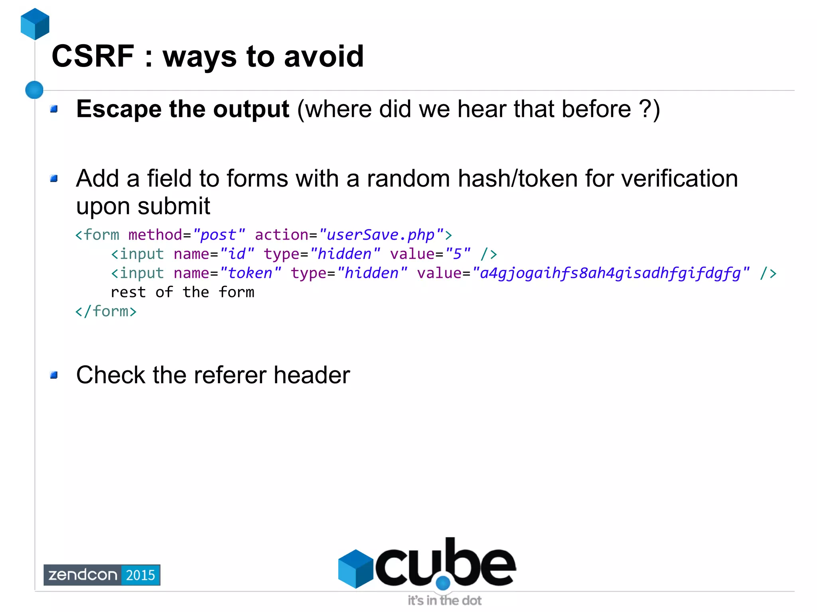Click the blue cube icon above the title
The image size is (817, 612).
click(x=35, y=24)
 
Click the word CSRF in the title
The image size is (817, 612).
click(x=93, y=56)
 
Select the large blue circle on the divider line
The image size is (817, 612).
click(x=34, y=90)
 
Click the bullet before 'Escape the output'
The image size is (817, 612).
click(x=54, y=109)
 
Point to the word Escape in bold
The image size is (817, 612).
click(x=118, y=109)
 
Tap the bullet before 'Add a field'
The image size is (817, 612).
click(x=54, y=178)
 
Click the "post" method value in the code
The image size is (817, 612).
click(x=219, y=235)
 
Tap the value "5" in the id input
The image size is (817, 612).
click(x=458, y=254)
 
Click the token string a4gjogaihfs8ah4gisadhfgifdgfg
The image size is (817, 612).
click(x=610, y=273)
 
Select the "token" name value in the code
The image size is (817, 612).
click(x=251, y=273)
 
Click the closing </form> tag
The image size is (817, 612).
click(x=106, y=311)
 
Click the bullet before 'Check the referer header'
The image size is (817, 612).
click(x=54, y=375)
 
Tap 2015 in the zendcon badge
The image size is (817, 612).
click(x=140, y=575)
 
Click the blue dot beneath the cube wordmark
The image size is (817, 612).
click(x=443, y=583)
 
